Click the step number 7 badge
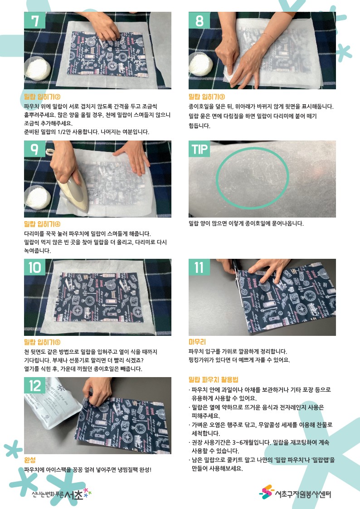pyautogui.click(x=34, y=20)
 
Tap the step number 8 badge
pyautogui.click(x=199, y=20)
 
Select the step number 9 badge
pyautogui.click(x=34, y=149)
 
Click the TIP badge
pyautogui.click(x=199, y=149)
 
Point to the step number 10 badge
pyautogui.click(x=35, y=267)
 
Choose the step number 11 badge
pyautogui.click(x=199, y=267)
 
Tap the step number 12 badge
pyautogui.click(x=35, y=385)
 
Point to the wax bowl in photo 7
pyautogui.click(x=37, y=68)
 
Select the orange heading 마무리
pyautogui.click(x=197, y=342)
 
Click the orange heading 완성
pyautogui.click(x=30, y=460)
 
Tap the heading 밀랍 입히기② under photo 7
pyautogui.click(x=42, y=97)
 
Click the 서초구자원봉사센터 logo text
pyautogui.click(x=303, y=494)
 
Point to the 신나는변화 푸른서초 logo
pyautogui.click(x=61, y=494)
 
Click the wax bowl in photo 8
pyautogui.click(x=200, y=63)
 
